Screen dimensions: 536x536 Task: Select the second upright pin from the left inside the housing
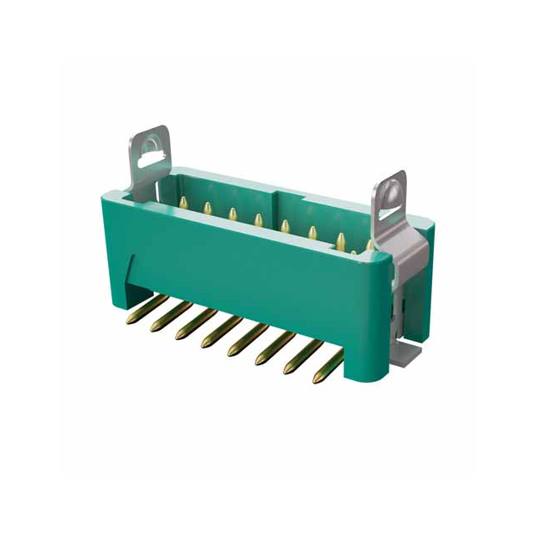[x=206, y=208]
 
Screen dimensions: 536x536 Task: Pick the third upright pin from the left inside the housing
[x=232, y=214]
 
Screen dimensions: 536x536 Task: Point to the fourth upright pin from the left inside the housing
[x=258, y=220]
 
